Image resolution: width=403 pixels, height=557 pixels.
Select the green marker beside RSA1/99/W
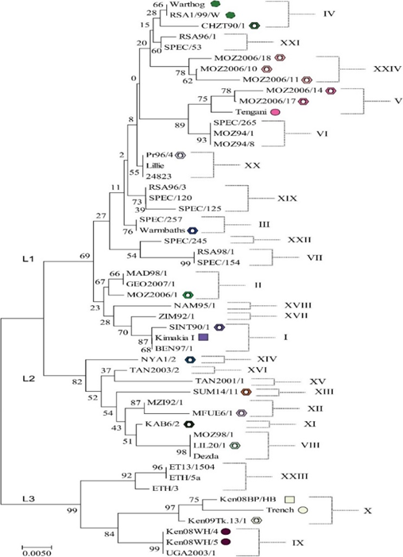231,15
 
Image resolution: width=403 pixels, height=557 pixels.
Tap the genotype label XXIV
387,69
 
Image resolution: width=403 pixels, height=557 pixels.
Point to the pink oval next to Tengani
275,112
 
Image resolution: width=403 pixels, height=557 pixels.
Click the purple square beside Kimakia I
203,337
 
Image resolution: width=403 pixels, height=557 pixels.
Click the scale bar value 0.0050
37,553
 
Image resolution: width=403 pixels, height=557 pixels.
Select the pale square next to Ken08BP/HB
290,500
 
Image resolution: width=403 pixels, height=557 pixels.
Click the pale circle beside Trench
303,510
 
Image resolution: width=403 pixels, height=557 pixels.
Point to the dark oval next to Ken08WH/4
226,532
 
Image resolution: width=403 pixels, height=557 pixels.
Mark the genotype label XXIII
294,476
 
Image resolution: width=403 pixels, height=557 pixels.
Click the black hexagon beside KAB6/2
189,424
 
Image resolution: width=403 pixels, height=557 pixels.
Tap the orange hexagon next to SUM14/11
246,392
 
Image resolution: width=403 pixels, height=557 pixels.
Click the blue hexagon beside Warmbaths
192,230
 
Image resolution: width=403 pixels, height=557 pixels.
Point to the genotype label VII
315,257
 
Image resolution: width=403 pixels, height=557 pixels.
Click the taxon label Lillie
155,165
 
